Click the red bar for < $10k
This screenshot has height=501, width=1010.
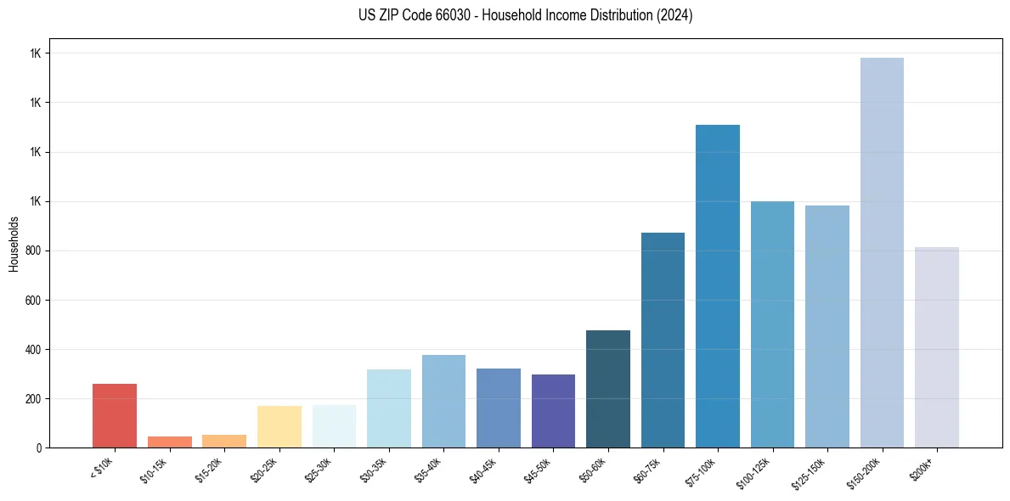(x=115, y=415)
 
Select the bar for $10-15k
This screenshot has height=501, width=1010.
(x=169, y=442)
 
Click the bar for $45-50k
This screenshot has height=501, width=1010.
(x=553, y=411)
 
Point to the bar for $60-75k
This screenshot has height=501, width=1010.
(x=663, y=340)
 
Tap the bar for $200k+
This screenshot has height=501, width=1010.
(x=937, y=347)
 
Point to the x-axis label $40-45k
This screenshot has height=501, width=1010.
(x=484, y=470)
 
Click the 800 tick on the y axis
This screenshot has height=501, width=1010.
(x=32, y=251)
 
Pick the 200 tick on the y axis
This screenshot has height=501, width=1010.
(x=32, y=399)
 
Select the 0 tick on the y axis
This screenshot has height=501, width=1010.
(x=39, y=448)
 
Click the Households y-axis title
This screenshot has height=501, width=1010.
(x=14, y=244)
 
